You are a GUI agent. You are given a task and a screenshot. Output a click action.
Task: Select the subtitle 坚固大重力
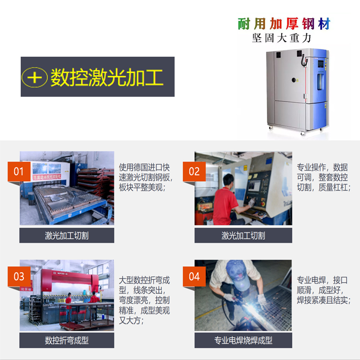coord(282,38)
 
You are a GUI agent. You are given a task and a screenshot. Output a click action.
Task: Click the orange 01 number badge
coord(18,171)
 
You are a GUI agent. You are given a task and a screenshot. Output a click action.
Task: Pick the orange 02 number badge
coord(194,171)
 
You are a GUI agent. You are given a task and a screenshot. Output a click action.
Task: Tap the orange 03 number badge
coord(18,275)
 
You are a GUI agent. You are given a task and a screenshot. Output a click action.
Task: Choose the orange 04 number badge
coord(194,275)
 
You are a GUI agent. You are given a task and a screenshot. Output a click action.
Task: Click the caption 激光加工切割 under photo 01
coord(67,235)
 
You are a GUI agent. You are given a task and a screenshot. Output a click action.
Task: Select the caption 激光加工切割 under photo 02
coord(243,235)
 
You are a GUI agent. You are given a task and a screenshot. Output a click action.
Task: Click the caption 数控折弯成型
coord(67,340)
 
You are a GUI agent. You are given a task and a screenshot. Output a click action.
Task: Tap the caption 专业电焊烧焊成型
coord(243,340)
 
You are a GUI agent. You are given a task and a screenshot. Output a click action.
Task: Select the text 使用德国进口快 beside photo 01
coord(144,167)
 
